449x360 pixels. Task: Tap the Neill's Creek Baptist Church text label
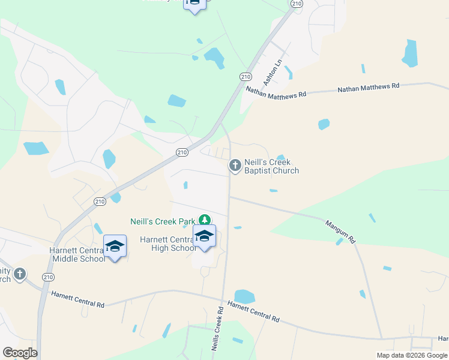[271, 166]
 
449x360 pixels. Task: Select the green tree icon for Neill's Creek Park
[205, 221]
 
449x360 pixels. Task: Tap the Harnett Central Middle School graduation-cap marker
[115, 247]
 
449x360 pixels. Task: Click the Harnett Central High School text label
[167, 244]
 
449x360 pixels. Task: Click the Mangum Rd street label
[340, 232]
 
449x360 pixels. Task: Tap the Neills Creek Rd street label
[217, 329]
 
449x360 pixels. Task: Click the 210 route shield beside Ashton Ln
[245, 76]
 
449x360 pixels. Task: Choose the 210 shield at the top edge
[297, 4]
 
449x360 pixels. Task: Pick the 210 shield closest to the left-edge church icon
[48, 277]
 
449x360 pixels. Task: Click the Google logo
[20, 353]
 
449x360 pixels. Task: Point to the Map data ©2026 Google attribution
[412, 355]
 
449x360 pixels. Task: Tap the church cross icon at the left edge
[20, 274]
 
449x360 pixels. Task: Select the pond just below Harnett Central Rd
[244, 296]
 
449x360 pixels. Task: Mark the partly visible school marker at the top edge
[194, 4]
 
